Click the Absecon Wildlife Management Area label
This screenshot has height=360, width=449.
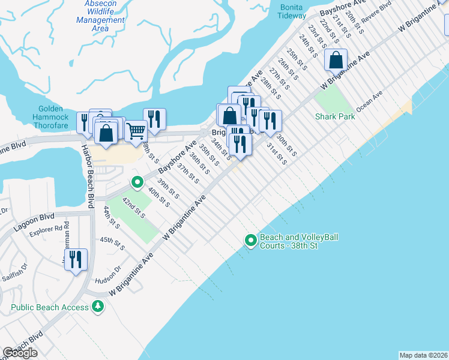tap(100, 16)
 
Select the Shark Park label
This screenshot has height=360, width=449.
tap(335, 116)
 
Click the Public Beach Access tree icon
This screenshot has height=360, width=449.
tap(97, 307)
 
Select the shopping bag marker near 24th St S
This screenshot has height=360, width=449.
tap(336, 60)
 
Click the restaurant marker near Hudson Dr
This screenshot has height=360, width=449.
tap(76, 259)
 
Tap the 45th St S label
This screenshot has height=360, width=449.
tap(112, 244)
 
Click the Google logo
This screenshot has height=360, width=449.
tap(20, 353)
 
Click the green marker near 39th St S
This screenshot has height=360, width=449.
tap(137, 181)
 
